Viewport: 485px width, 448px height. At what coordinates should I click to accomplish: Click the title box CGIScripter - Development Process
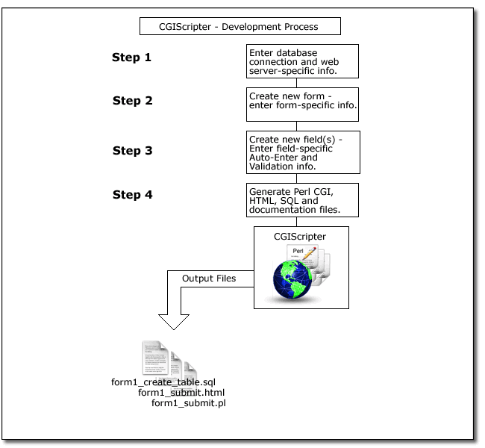pos(240,27)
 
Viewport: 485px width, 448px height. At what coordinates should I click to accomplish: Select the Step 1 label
pos(131,57)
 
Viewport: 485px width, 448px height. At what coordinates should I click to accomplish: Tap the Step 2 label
pos(132,101)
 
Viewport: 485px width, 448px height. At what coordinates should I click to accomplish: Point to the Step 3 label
pos(132,151)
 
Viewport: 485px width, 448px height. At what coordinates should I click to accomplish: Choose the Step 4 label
pos(132,195)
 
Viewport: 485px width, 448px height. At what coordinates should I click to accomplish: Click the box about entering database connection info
pos(302,62)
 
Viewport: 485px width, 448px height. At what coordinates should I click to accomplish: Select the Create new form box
pos(302,105)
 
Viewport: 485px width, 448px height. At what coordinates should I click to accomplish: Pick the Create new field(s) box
pos(302,152)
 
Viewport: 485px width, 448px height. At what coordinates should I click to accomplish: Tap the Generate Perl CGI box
pos(302,199)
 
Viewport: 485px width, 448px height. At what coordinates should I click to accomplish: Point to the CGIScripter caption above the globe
pos(300,236)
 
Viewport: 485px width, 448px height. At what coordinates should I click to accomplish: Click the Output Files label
pos(208,279)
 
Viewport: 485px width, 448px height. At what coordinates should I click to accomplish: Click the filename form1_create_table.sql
pos(163,382)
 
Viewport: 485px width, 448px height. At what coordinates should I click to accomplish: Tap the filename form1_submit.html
pos(181,392)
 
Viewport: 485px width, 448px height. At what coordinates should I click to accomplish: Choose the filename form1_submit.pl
pos(188,403)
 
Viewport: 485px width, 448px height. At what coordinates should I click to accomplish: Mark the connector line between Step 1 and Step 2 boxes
pos(302,83)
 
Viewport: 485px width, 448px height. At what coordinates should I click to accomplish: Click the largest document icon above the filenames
pos(157,358)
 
